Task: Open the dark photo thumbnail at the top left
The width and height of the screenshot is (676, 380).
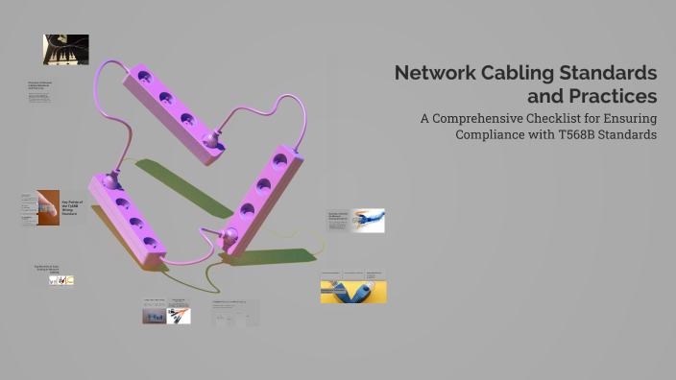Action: pyautogui.click(x=65, y=49)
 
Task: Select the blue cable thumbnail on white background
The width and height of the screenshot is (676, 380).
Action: pyautogui.click(x=368, y=221)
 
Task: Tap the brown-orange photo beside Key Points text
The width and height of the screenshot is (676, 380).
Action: pyautogui.click(x=48, y=207)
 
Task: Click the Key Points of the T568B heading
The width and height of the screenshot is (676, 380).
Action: pyautogui.click(x=72, y=207)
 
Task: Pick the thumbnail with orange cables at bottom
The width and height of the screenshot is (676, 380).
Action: pyautogui.click(x=178, y=316)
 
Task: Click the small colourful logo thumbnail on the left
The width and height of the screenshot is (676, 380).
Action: pyautogui.click(x=61, y=280)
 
